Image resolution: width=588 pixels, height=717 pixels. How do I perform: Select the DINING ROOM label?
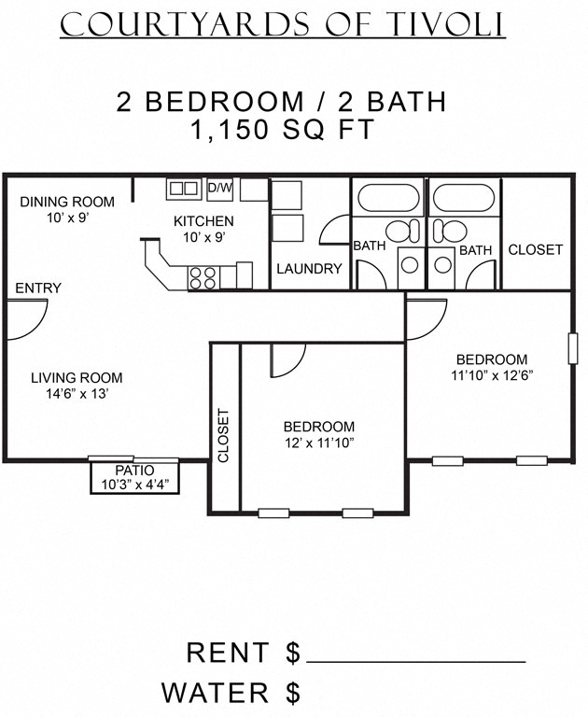[x=67, y=202]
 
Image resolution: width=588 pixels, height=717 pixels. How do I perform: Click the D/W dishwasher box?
[x=219, y=188]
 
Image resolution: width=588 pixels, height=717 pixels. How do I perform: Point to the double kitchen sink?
[x=183, y=189]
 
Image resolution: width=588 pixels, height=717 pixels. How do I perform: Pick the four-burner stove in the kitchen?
[x=203, y=277]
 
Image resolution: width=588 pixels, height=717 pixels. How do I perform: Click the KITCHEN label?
[x=203, y=221]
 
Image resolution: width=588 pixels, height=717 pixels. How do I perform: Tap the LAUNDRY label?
[x=309, y=269]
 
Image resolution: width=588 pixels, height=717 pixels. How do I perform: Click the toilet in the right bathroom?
[x=453, y=230]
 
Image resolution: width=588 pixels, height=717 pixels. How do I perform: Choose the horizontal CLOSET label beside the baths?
[x=535, y=249]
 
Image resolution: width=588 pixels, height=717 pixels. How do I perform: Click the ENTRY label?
[x=38, y=288]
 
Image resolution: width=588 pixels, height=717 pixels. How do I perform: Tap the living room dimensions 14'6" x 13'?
[x=77, y=394]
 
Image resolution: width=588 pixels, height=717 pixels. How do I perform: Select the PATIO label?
[x=134, y=471]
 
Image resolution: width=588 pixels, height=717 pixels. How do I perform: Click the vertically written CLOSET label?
[x=224, y=435]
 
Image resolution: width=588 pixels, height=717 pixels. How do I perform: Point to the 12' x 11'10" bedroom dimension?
[x=319, y=442]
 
